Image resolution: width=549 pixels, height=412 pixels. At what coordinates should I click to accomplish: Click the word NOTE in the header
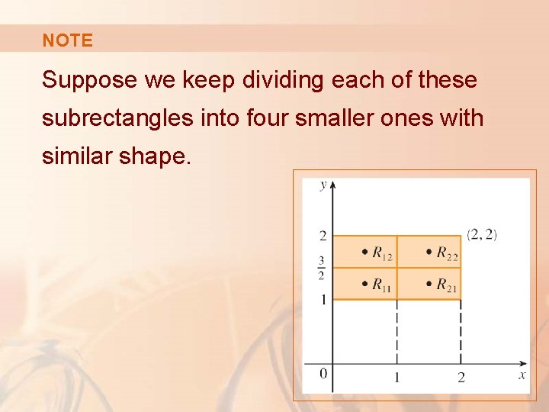[67, 40]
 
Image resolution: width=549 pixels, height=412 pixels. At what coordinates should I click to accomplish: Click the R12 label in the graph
[382, 253]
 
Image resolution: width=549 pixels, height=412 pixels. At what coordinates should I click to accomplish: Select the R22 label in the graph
[447, 253]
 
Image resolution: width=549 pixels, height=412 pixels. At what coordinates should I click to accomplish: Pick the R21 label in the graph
[447, 285]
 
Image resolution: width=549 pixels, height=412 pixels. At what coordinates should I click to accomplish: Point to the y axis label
[324, 185]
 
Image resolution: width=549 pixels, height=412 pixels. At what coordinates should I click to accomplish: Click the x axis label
[522, 375]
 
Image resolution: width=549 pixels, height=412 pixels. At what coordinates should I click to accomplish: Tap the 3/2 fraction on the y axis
[323, 268]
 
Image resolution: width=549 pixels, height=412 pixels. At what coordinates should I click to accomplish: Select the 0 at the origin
[323, 373]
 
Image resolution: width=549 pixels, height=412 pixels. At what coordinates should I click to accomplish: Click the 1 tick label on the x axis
[396, 376]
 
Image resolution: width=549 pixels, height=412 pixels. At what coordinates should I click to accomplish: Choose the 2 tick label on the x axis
[461, 376]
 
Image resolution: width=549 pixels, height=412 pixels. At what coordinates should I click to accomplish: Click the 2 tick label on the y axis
[323, 236]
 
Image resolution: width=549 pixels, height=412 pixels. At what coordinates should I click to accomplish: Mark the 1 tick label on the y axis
[323, 299]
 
